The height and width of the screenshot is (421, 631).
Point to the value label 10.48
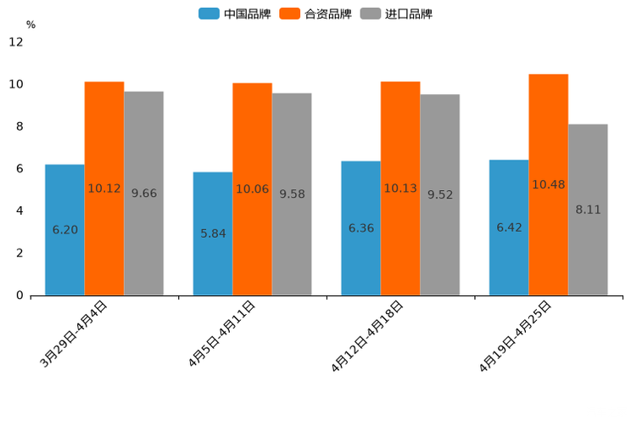click(x=548, y=185)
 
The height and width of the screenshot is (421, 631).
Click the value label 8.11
click(x=588, y=210)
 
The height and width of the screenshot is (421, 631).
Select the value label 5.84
click(x=213, y=233)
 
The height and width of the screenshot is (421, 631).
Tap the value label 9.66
click(x=144, y=194)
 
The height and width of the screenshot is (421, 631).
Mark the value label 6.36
click(x=361, y=228)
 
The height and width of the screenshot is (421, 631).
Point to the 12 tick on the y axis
click(x=16, y=42)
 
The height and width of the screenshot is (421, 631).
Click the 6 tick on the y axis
click(x=20, y=169)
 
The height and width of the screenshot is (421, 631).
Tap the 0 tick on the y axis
click(x=20, y=295)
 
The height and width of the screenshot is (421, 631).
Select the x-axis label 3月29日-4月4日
click(x=74, y=334)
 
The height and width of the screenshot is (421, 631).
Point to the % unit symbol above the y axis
click(x=31, y=25)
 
